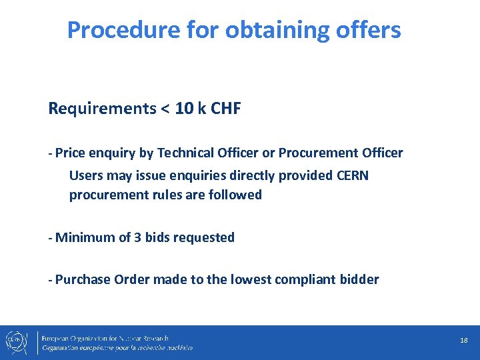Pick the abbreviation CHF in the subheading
(x=225, y=109)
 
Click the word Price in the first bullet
(x=69, y=153)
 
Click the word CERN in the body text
(x=353, y=175)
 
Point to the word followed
(x=235, y=195)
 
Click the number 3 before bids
(x=138, y=237)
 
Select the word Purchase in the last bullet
(x=83, y=280)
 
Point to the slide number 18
(x=464, y=341)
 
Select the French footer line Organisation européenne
(x=117, y=348)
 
